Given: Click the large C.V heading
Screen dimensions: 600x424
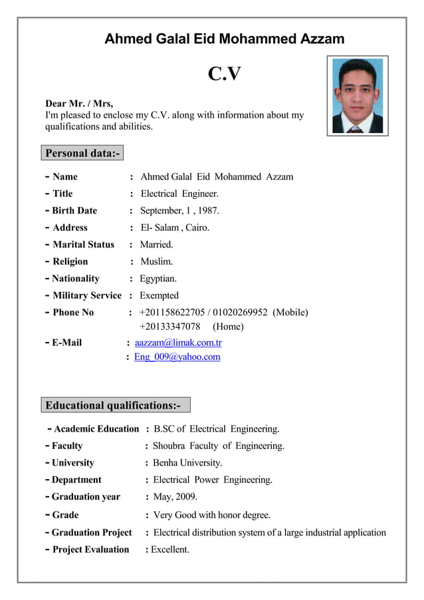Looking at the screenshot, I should tap(224, 73).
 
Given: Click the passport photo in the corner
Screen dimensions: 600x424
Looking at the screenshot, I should tap(357, 95).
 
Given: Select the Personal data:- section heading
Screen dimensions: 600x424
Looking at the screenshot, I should tap(82, 154).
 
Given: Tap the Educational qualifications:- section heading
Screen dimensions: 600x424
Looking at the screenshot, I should tap(112, 405).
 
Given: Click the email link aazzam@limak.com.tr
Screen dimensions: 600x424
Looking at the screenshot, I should tap(178, 343).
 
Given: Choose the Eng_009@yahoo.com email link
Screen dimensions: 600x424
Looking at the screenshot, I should tap(177, 357).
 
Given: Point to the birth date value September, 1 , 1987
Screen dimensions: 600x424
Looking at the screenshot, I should tap(179, 211).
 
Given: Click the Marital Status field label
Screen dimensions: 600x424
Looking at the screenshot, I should tap(83, 245).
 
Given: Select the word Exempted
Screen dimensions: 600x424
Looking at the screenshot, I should tap(159, 295).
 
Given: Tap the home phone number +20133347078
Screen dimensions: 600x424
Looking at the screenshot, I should tap(169, 327).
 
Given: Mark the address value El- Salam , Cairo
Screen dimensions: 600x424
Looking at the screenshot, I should tap(175, 227).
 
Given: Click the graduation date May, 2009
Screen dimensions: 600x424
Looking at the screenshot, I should tap(175, 497).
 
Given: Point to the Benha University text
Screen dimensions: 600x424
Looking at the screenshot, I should tap(187, 463).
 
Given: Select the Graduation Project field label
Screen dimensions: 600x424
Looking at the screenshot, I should tap(92, 532).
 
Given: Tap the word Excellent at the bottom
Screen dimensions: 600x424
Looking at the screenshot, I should tap(170, 549).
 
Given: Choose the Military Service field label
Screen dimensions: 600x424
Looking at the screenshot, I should tap(86, 295).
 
